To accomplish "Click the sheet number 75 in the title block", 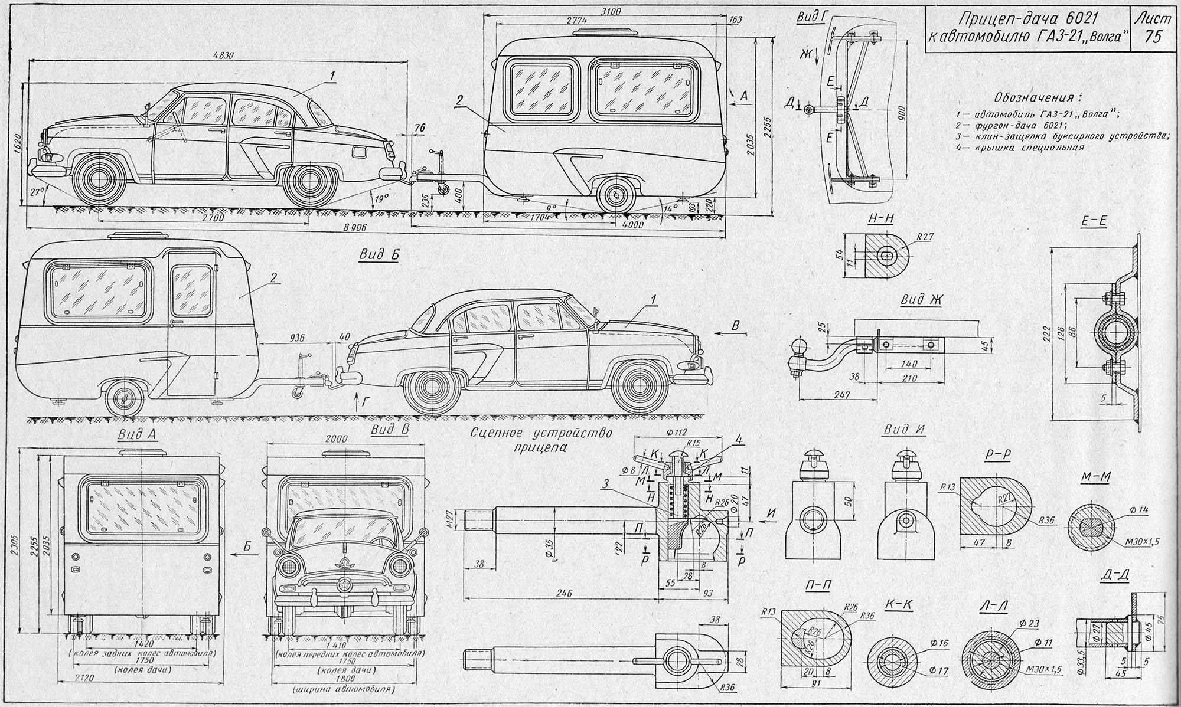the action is [1151, 37].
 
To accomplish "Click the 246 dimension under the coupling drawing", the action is [566, 594].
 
